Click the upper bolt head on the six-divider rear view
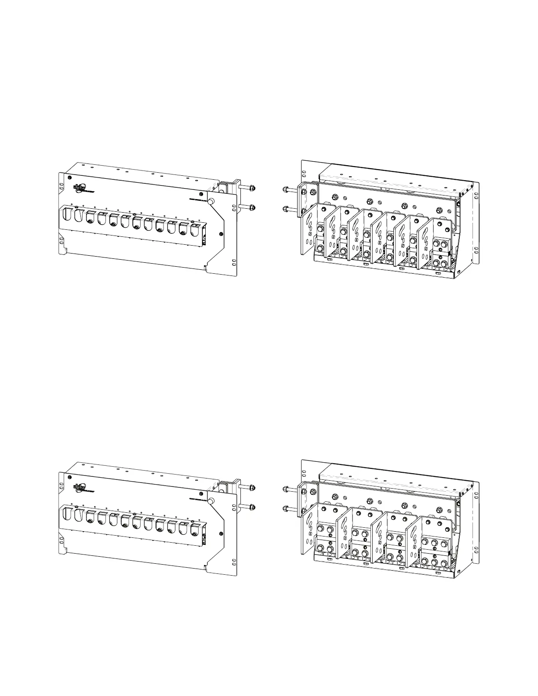(286, 190)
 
